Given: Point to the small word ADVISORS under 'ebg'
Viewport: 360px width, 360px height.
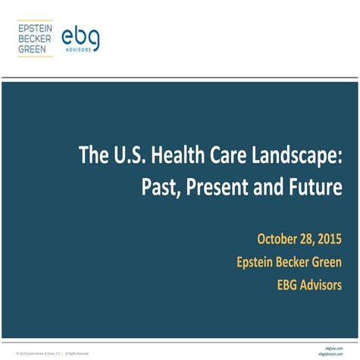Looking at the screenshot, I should (81, 51).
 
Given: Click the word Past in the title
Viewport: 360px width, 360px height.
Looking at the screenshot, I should (158, 186).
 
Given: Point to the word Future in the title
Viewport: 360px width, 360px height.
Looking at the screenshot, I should (311, 186).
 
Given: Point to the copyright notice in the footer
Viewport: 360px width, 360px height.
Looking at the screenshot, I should (52, 353).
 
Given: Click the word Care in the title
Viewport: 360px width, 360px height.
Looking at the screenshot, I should (229, 155).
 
